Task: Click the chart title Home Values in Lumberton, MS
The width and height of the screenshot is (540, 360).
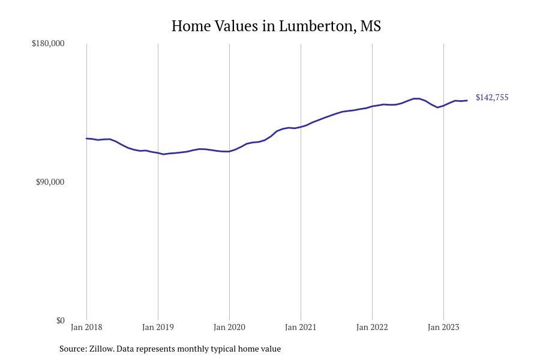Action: tap(276, 26)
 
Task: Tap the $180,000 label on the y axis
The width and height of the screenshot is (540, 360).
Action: tap(48, 43)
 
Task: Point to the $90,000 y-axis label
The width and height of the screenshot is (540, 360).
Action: tap(50, 182)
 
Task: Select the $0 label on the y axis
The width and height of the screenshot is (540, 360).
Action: tap(60, 320)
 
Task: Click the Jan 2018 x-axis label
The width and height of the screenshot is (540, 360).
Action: tap(86, 327)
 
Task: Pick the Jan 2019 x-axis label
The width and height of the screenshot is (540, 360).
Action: tap(158, 327)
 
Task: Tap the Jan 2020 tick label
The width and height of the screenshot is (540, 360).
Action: tap(229, 327)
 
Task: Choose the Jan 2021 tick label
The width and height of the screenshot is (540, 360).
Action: tap(301, 327)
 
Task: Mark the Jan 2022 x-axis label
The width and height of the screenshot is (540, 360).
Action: tap(372, 327)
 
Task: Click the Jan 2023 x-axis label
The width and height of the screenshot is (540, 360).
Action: tap(443, 327)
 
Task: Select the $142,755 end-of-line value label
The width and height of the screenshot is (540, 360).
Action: tap(492, 97)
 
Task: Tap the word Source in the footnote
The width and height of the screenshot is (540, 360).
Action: tap(73, 349)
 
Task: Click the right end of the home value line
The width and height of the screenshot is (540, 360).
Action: tap(467, 100)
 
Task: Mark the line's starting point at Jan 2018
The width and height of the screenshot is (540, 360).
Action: tap(86, 139)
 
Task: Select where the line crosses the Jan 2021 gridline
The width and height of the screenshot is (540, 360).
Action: tap(301, 127)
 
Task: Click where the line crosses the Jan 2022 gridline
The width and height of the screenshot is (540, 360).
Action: tap(372, 106)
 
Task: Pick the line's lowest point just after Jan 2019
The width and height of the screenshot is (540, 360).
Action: tap(163, 154)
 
